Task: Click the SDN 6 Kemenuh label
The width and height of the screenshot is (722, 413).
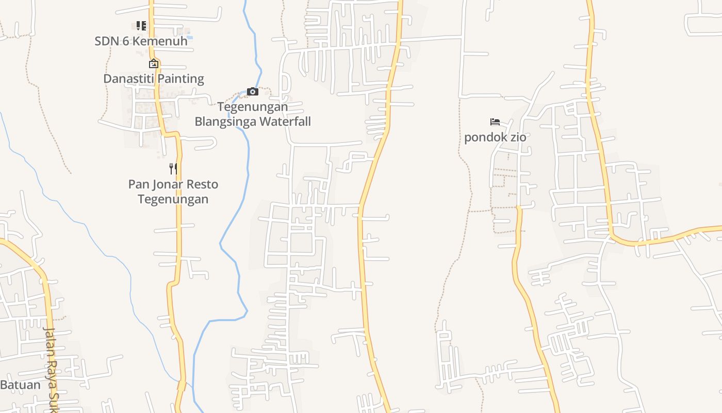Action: tap(141, 41)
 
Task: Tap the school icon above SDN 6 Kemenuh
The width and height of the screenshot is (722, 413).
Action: tap(141, 25)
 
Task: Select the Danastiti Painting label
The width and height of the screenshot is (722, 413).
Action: tap(154, 78)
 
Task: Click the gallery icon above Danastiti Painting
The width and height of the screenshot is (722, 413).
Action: tap(154, 64)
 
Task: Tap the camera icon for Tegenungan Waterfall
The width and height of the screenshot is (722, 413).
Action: tap(253, 92)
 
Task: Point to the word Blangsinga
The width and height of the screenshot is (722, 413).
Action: tap(225, 121)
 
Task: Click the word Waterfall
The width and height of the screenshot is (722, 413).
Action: tap(285, 121)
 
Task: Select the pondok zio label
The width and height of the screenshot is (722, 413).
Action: tap(495, 137)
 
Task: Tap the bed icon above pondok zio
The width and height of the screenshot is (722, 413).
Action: tap(495, 122)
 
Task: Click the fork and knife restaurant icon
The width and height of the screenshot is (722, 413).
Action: tap(173, 169)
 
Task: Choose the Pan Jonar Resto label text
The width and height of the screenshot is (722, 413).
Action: tap(173, 184)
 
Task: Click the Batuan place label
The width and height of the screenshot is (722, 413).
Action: tap(20, 385)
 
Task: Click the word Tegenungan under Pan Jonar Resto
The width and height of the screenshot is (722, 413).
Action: tap(173, 199)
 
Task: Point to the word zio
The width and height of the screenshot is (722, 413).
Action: tap(518, 137)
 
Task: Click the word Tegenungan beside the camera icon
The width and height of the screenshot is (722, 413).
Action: tap(253, 107)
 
